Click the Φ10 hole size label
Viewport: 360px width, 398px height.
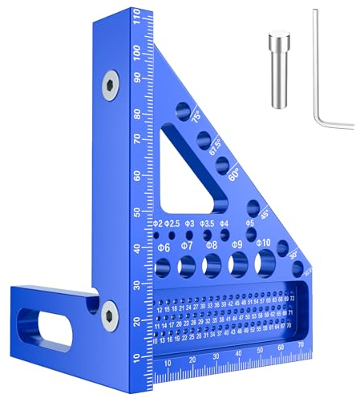pos(263,243)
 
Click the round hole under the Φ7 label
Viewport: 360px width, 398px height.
pos(187,265)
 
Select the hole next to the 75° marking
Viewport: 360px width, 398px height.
pos(182,108)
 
